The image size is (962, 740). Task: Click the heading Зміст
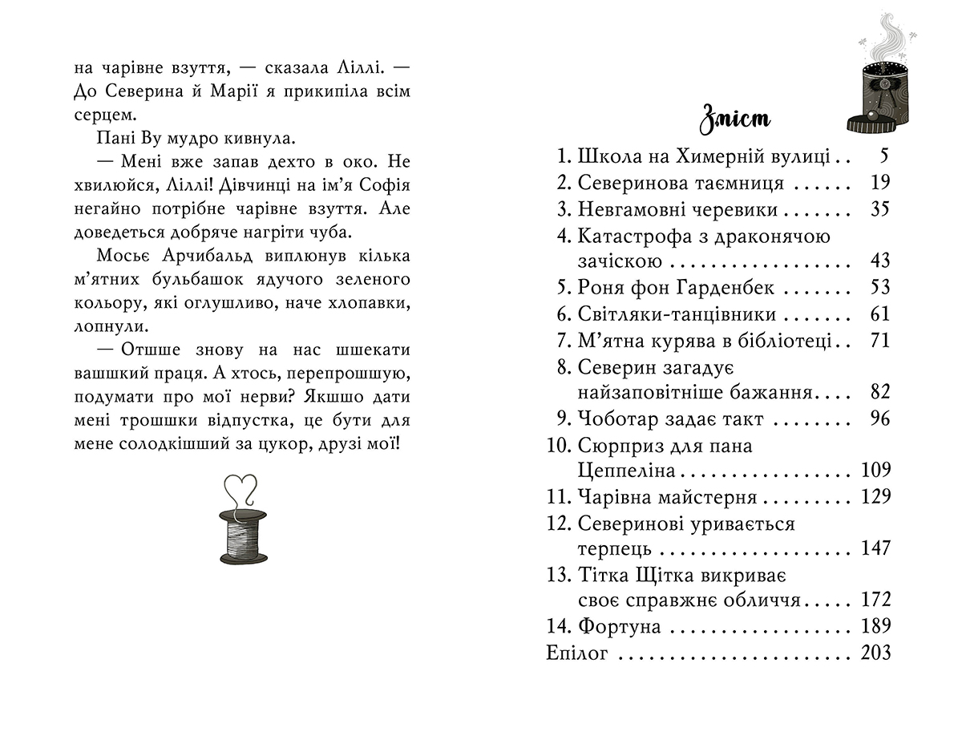point(734,119)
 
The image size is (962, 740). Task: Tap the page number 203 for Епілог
point(875,653)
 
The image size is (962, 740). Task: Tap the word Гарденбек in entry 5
point(726,288)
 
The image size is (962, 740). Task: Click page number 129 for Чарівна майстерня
point(875,497)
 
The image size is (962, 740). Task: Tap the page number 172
point(875,600)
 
